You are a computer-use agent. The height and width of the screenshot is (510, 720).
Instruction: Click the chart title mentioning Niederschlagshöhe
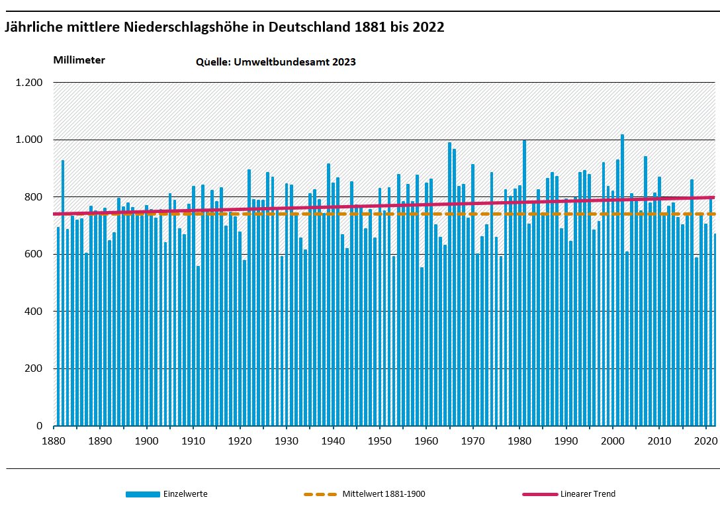coord(224,28)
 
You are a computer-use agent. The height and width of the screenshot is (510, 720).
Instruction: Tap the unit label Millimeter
coord(79,60)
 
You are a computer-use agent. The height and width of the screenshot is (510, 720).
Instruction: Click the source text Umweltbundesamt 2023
coord(276,62)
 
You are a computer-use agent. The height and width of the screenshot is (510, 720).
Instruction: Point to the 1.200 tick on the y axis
coord(29,83)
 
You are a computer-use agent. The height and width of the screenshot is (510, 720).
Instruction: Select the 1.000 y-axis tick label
coord(29,140)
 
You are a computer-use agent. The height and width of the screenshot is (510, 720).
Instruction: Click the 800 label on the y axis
coord(34,197)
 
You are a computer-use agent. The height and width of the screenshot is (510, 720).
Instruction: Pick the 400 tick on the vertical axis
coord(34,312)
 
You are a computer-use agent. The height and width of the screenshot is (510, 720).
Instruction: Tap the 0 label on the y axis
coord(39,426)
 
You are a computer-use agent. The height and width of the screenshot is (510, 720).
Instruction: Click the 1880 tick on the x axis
coord(54,441)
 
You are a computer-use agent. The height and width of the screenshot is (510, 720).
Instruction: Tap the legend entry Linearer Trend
coord(587,494)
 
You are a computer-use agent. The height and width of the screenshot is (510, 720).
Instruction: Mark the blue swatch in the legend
coord(142,494)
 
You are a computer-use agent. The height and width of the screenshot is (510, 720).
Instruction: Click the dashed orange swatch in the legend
coord(320,494)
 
